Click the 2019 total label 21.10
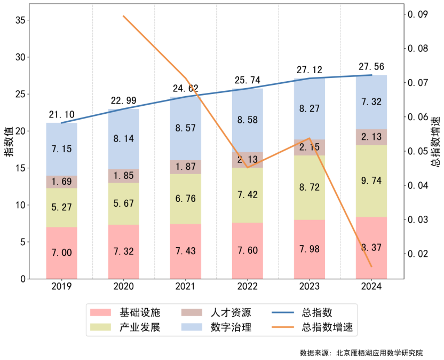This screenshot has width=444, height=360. click(61, 115)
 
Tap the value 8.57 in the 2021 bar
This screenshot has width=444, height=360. click(186, 128)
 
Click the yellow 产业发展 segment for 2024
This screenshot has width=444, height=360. click(371, 181)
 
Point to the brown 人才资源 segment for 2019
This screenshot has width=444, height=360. click(61, 182)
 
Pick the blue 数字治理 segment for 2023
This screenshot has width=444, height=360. click(310, 109)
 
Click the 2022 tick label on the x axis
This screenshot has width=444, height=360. click(248, 287)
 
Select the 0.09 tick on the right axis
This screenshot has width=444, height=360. click(418, 14)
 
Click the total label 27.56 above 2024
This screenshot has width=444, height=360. click(371, 67)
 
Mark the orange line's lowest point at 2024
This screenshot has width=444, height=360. click(371, 266)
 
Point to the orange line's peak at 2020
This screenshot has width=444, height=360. click(123, 16)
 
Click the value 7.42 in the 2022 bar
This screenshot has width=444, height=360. click(248, 194)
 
